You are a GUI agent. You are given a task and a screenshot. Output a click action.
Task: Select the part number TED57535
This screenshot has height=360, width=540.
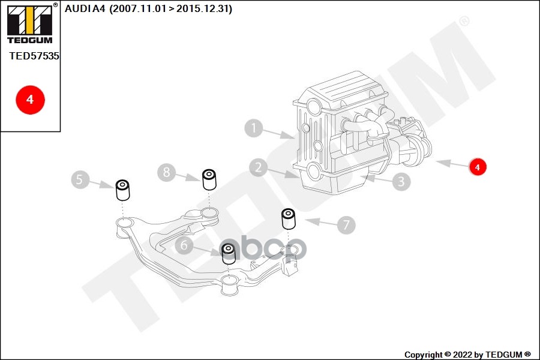click(34, 56)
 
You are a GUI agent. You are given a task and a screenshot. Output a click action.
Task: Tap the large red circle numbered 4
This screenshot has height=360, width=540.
click(30, 100)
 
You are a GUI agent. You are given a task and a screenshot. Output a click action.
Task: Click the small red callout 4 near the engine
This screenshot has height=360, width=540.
click(478, 167)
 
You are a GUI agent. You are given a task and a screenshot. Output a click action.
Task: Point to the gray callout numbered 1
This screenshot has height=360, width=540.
click(254, 128)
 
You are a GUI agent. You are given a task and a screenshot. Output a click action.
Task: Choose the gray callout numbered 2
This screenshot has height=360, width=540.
click(259, 167)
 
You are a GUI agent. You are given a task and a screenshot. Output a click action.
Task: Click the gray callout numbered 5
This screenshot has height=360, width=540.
click(79, 179)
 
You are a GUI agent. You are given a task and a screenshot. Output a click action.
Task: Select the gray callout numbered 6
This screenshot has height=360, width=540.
click(184, 244)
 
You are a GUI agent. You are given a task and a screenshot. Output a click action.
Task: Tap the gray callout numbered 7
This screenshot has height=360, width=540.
click(346, 225)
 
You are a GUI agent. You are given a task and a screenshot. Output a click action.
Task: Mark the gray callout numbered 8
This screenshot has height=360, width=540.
click(167, 173)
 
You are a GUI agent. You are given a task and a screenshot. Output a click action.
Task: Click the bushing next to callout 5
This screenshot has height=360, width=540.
click(123, 190)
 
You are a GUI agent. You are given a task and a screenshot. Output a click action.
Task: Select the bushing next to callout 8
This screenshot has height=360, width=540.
click(209, 179)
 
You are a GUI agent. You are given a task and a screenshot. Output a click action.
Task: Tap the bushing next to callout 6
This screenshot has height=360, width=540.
click(229, 254)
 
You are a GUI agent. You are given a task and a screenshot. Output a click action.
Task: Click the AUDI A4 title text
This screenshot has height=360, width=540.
click(85, 9)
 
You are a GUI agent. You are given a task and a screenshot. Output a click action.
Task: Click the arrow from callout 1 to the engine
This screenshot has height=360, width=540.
click(281, 134)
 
